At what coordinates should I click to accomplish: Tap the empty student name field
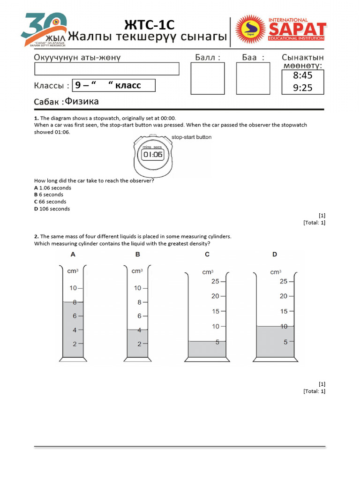pos(107,69)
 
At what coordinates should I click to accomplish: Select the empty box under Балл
pos(208,78)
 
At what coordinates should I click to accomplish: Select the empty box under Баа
pos(253,78)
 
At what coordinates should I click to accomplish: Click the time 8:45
pos(302,75)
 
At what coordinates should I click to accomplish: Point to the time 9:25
pos(302,88)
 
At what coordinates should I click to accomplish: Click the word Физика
pos(82,101)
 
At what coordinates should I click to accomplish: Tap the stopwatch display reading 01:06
pos(152,154)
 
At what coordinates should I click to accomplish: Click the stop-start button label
pos(192,137)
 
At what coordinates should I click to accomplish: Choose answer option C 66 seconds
pos(50,202)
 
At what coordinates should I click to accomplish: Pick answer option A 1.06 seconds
pos(52,187)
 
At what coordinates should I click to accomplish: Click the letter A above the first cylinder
pos(73,255)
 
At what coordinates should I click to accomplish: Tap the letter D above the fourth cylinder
pos(275,255)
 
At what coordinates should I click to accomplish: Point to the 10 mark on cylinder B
pos(137,288)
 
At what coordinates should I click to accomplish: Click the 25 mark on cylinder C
pos(215,281)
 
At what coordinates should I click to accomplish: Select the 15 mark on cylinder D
pos(284,311)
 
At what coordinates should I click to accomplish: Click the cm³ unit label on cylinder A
pos(73,271)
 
